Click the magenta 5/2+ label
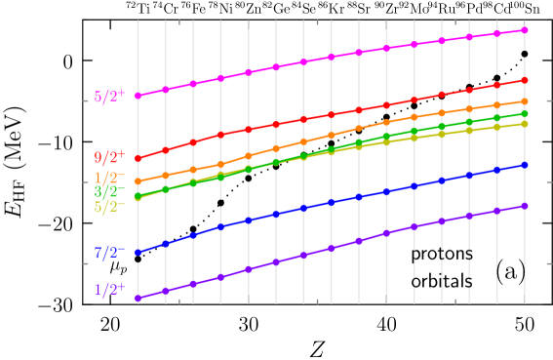109,98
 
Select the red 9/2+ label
109,157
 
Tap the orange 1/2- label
109,178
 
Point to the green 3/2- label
109,192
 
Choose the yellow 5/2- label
109,207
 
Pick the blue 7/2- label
109,253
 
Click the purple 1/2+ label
109,290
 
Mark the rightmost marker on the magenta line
525,30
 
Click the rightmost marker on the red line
525,80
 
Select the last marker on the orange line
525,101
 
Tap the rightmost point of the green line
525,114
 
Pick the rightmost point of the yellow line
525,124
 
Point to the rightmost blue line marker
525,165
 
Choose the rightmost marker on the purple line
525,206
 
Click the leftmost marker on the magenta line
138,96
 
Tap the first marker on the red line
138,159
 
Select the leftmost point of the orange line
138,181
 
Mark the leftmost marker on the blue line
138,253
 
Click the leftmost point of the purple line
138,299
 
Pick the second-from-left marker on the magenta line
166,90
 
